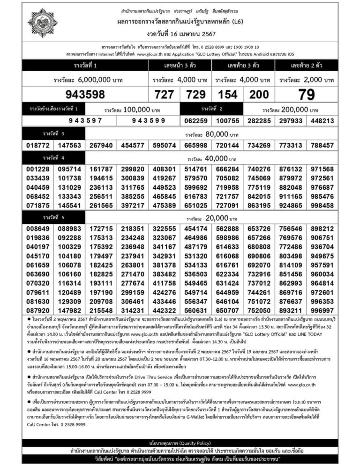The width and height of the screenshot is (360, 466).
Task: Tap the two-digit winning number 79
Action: point(307,95)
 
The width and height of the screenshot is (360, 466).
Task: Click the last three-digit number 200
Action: point(259,95)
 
